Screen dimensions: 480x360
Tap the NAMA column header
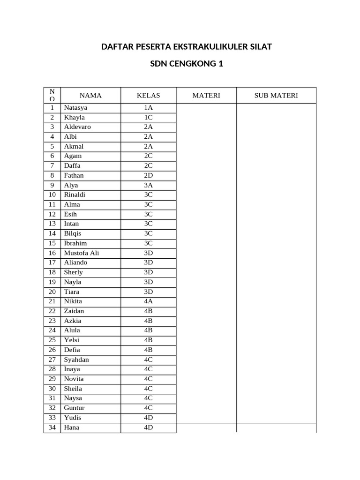(90, 96)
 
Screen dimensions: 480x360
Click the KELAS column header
(148, 96)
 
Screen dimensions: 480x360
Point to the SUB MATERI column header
(276, 96)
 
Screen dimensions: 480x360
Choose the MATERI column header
(206, 96)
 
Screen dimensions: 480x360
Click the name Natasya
(75, 108)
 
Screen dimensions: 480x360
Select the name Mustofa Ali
(82, 253)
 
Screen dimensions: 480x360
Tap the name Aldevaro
(77, 127)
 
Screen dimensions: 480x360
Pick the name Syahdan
(76, 360)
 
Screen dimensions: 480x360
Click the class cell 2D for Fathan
(148, 175)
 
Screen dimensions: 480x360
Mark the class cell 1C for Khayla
(148, 118)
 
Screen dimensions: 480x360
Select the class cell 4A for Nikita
(148, 301)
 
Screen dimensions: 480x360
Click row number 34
(52, 427)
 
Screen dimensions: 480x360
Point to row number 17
(52, 262)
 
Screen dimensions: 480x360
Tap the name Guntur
(75, 408)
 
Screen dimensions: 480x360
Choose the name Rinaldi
(75, 195)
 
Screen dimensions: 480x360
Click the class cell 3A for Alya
(148, 185)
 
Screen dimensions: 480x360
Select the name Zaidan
(74, 311)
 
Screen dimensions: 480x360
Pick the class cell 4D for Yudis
(148, 418)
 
